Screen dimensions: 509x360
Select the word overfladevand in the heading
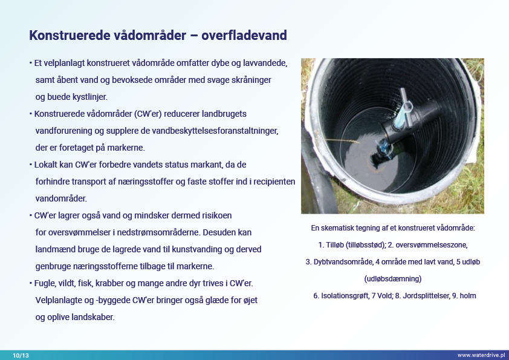click(x=244, y=36)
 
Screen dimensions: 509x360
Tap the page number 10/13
click(x=21, y=355)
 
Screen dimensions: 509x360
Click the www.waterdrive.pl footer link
click(x=481, y=355)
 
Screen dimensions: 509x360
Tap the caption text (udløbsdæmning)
click(x=393, y=279)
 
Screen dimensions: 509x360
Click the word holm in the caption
click(x=468, y=296)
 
